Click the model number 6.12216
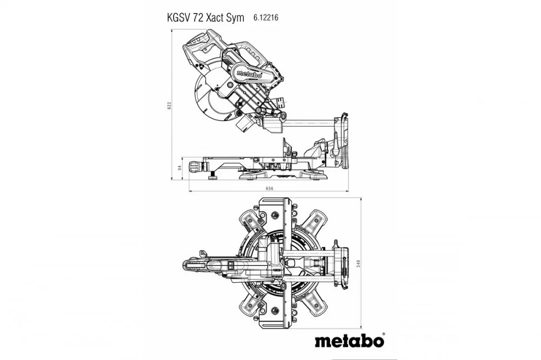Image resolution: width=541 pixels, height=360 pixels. pyautogui.click(x=266, y=17)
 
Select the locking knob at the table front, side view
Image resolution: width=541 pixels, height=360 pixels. pyautogui.click(x=194, y=165)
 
